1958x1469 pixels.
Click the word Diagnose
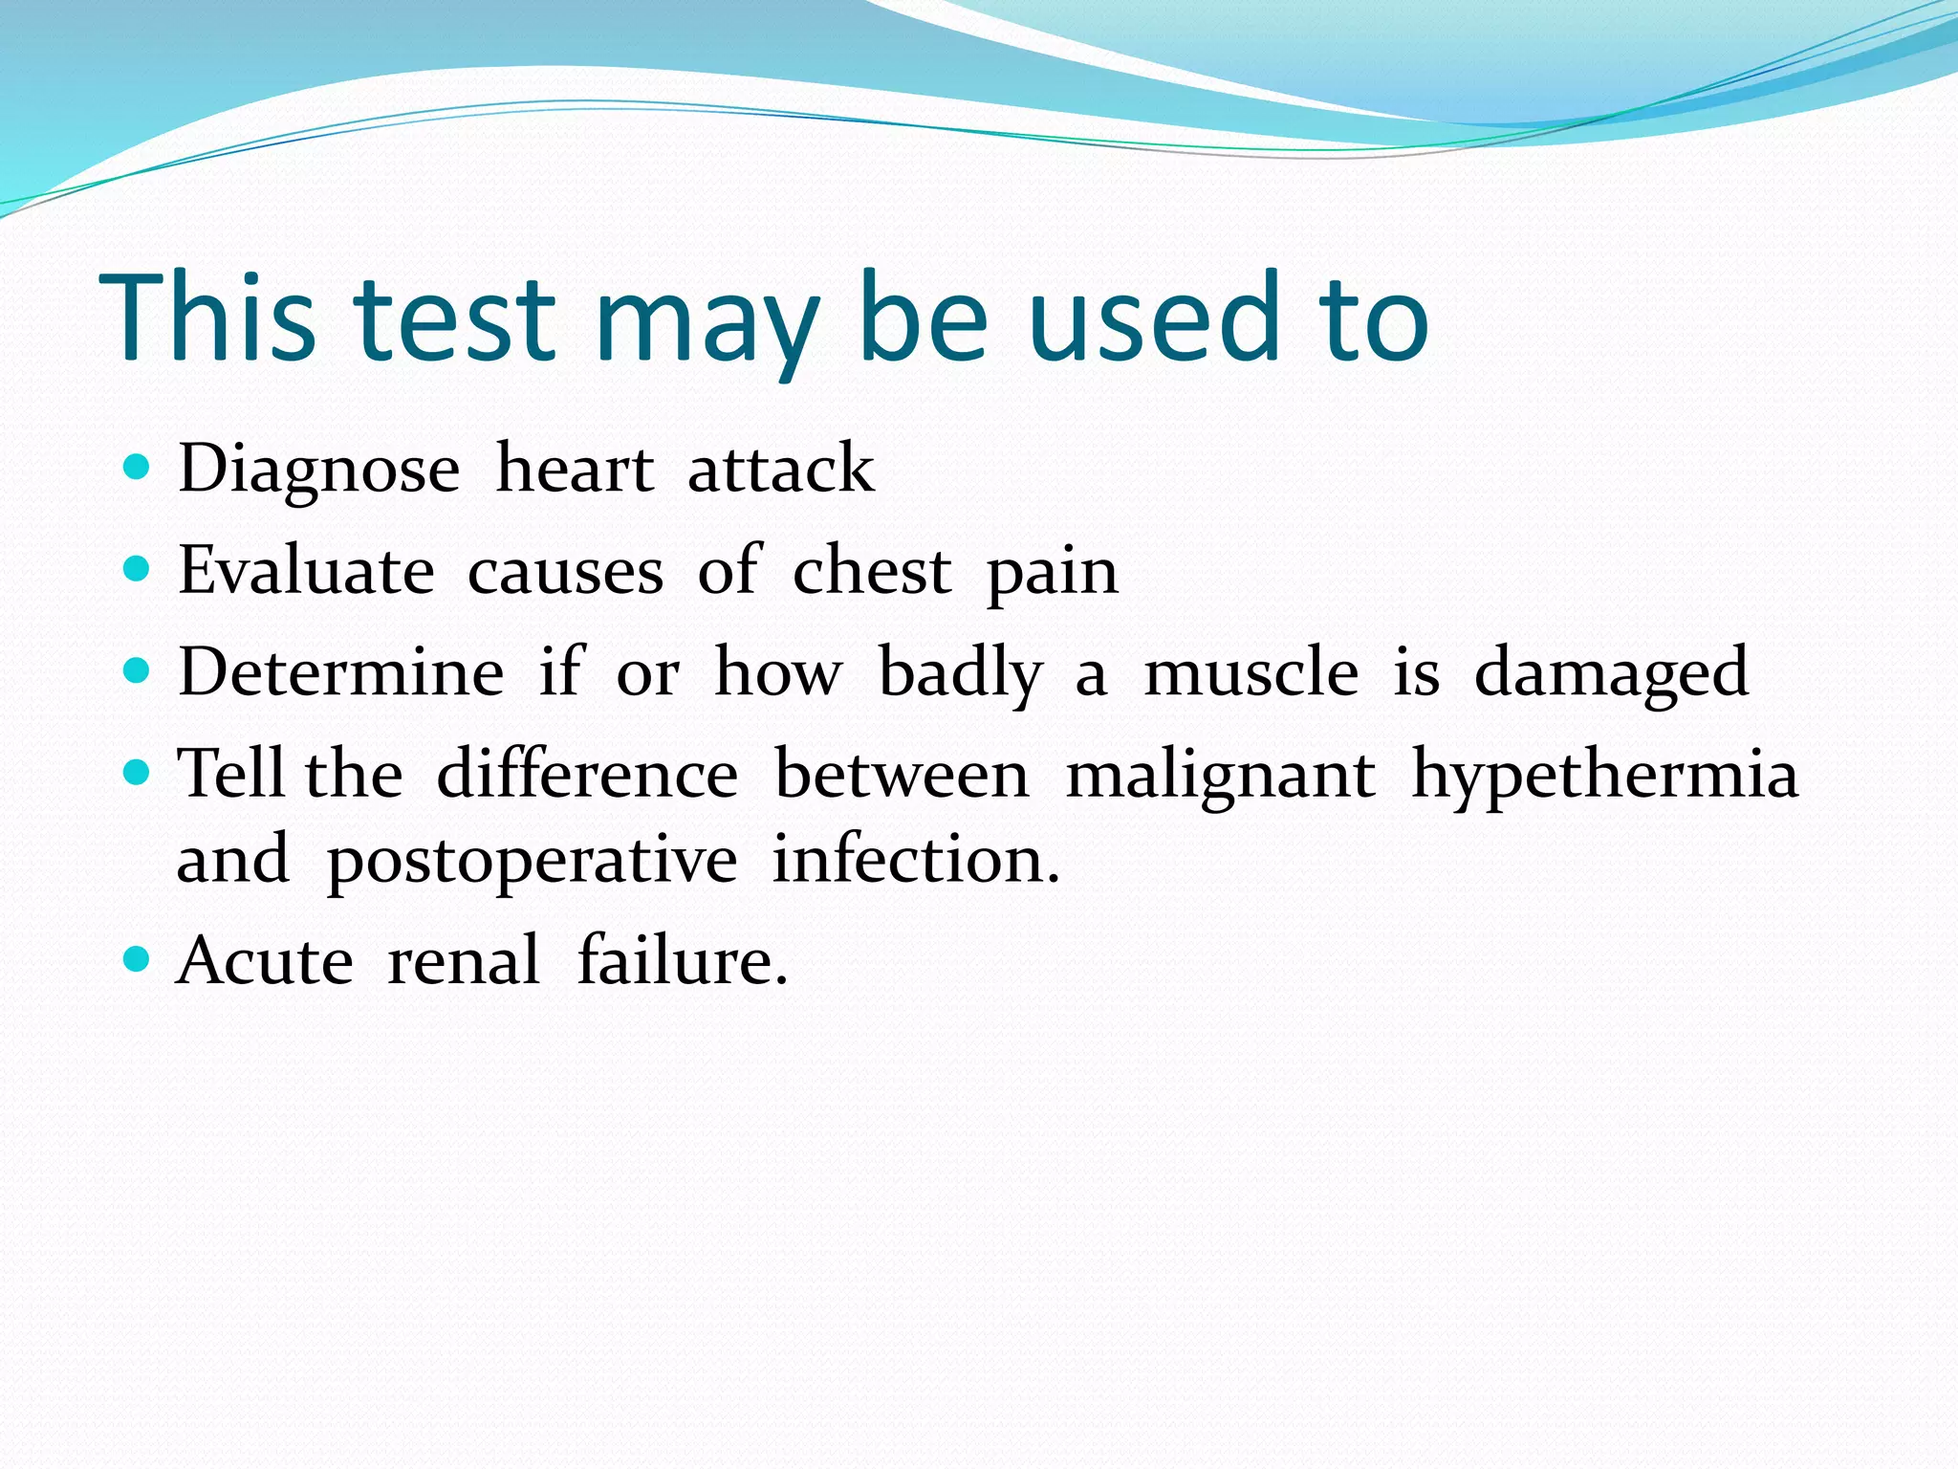(x=318, y=471)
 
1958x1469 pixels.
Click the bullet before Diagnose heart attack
(x=138, y=467)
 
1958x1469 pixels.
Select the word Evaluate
(x=306, y=571)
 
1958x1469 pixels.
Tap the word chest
(x=872, y=571)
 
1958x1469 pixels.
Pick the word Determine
(x=341, y=672)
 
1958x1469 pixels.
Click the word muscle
(x=1251, y=672)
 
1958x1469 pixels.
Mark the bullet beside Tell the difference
(x=138, y=772)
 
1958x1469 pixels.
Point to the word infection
(x=915, y=859)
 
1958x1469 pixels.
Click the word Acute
(x=265, y=960)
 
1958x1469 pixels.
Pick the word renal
(x=464, y=960)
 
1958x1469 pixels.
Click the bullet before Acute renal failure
(x=138, y=958)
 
